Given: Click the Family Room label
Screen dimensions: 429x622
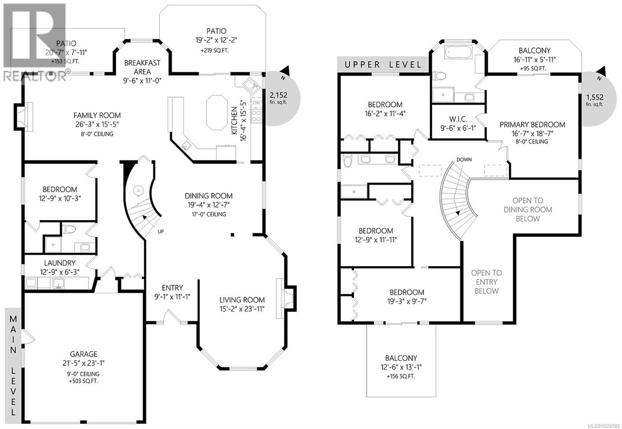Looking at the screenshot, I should pos(97,116).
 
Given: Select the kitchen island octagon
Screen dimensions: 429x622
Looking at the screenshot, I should pos(217,112).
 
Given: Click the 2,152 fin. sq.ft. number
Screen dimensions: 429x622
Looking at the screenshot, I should pos(278,95).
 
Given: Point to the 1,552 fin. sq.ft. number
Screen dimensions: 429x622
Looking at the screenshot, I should pos(595,97).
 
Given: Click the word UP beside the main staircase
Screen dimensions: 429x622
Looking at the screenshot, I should pos(161,232).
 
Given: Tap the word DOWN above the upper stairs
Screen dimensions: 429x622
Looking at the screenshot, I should pos(464,159).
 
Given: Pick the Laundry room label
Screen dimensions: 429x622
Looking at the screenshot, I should pos(59,263).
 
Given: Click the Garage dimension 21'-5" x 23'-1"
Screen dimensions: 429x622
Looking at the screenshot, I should pos(84,363).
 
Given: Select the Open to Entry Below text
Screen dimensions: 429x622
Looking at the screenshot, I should pos(486,282).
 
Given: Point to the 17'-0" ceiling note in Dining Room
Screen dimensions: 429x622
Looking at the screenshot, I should pos(209,214).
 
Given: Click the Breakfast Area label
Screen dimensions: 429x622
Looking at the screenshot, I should pos(142,67).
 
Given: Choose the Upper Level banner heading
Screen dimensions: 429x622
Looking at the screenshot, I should pos(383,65).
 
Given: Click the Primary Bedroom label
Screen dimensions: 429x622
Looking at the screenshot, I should pos(532,124).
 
